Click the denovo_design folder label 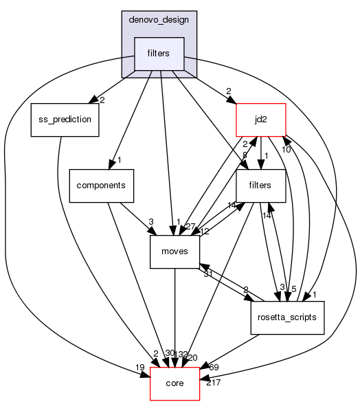pyautogui.click(x=159, y=20)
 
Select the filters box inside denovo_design pyautogui.click(x=159, y=54)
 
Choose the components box pyautogui.click(x=101, y=186)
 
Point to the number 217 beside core pyautogui.click(x=214, y=382)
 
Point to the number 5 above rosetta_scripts pyautogui.click(x=293, y=289)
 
